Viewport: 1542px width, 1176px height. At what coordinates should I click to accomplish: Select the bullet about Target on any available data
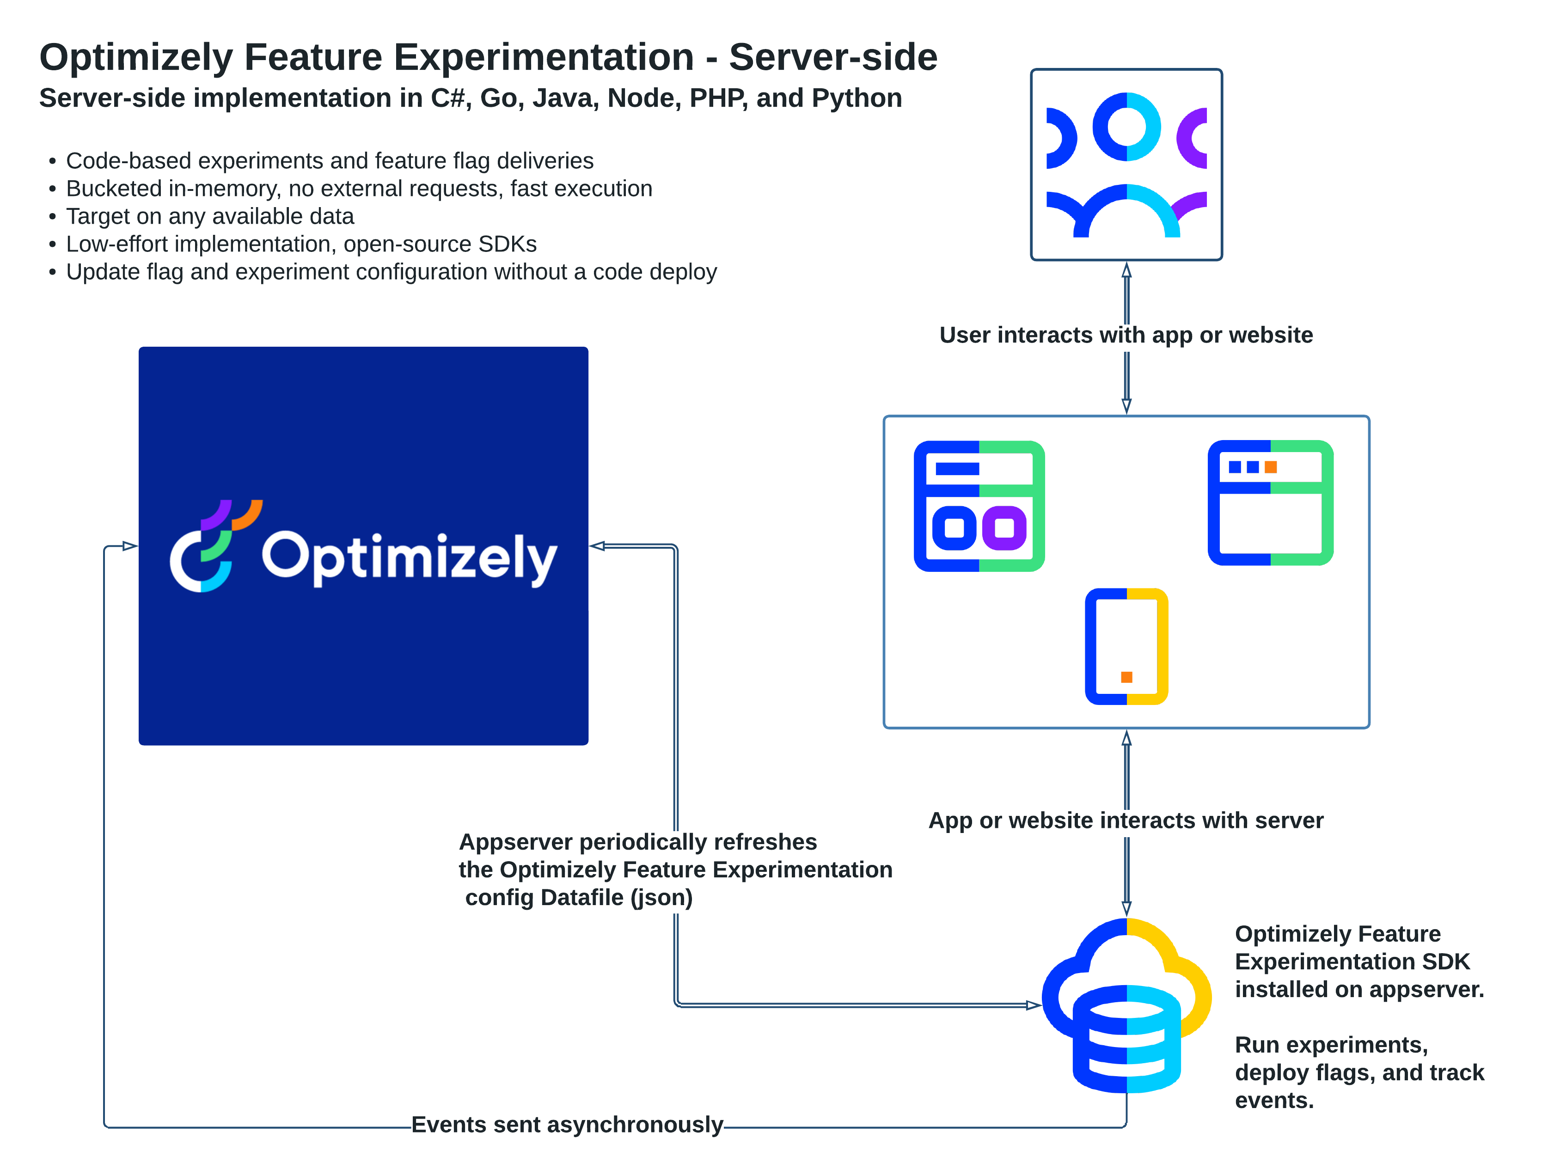tap(209, 216)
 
